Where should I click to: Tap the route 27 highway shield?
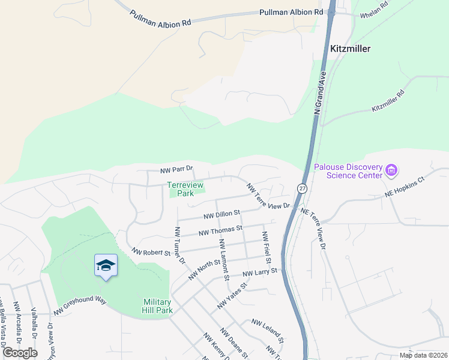coord(302,188)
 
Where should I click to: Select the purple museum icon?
coord(392,171)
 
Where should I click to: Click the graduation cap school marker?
coord(106,265)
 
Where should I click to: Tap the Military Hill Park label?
coord(158,306)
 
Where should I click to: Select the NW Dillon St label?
coord(221,213)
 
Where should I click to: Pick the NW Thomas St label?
coord(220,229)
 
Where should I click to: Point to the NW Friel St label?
coord(265,248)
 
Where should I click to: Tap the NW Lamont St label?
coord(224,259)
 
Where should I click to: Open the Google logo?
coord(20,353)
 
